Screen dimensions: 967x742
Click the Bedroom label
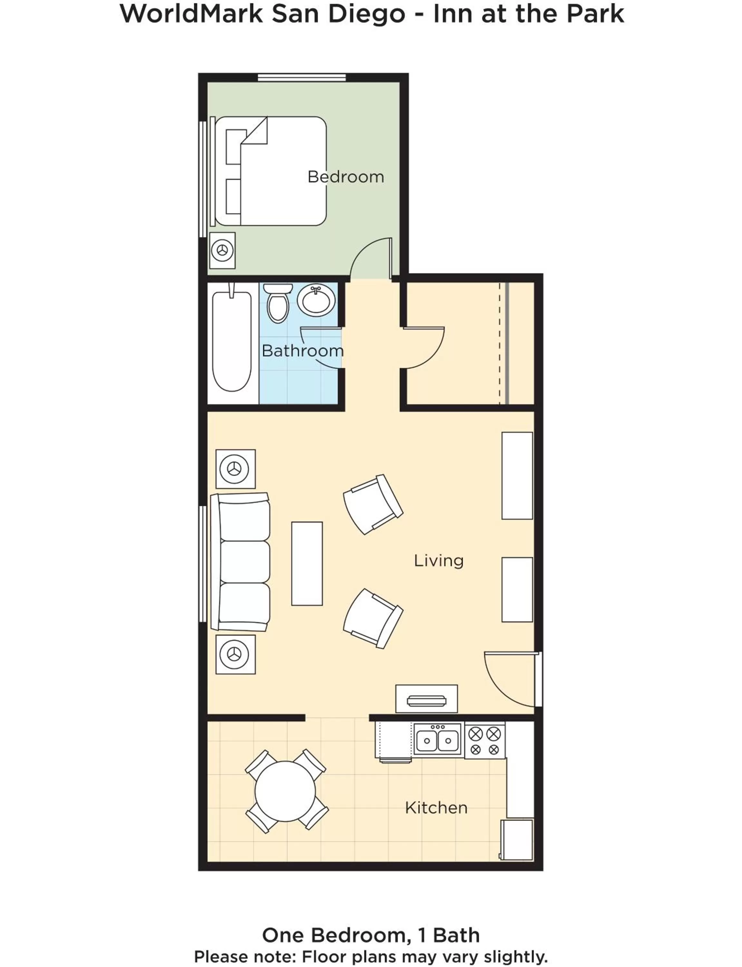click(x=346, y=177)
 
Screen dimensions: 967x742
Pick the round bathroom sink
click(x=316, y=300)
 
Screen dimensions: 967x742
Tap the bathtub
click(x=232, y=341)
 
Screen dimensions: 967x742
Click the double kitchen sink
click(x=438, y=740)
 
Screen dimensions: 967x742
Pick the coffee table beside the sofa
click(x=307, y=563)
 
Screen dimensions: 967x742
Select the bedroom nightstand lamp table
click(x=222, y=250)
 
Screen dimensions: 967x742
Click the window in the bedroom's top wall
click(x=302, y=78)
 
